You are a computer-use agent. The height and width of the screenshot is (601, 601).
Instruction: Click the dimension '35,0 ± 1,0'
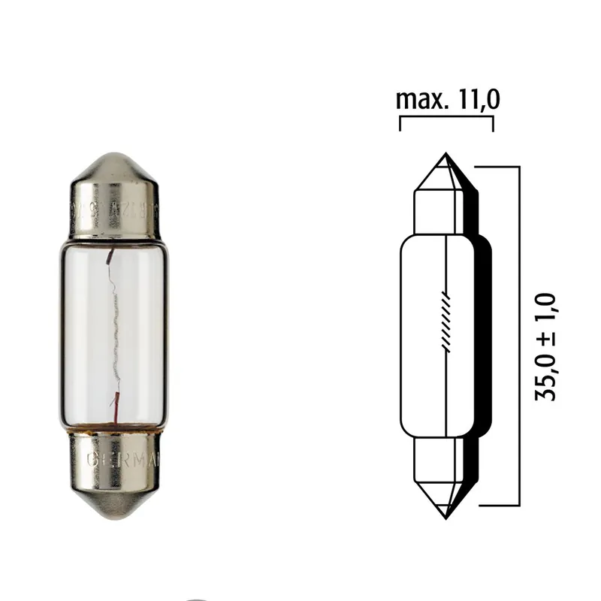pyautogui.click(x=546, y=346)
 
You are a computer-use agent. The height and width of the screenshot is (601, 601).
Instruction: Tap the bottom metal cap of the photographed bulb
pyautogui.click(x=115, y=473)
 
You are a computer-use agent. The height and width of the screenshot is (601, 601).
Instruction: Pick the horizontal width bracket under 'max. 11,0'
pyautogui.click(x=446, y=119)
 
